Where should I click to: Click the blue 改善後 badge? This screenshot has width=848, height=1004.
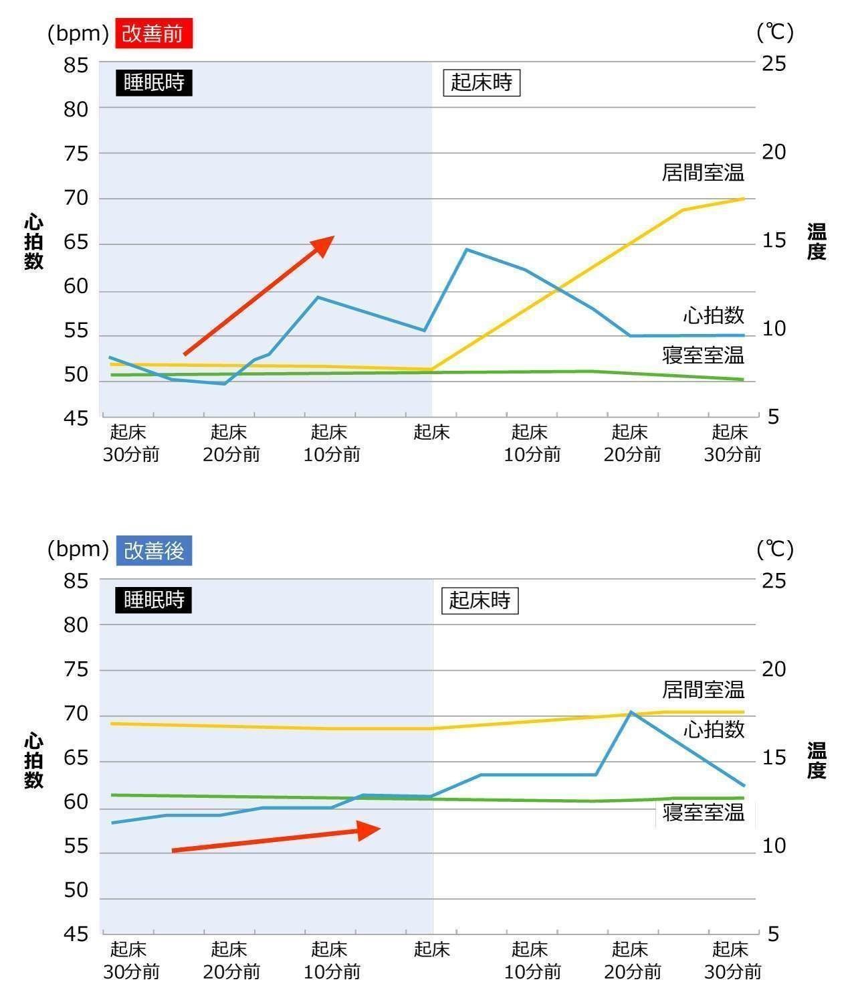click(154, 551)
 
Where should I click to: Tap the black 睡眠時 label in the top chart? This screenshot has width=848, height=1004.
click(154, 82)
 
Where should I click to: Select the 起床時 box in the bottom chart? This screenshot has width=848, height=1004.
click(480, 600)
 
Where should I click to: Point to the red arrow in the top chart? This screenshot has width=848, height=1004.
click(259, 295)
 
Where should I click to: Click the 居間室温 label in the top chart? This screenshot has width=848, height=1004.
click(703, 173)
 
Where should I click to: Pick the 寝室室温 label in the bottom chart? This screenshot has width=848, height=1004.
click(704, 813)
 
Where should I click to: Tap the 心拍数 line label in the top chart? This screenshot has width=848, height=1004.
click(714, 315)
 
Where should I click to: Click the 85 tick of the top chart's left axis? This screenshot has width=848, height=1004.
click(76, 65)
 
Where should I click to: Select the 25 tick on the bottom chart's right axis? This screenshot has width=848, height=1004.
click(774, 580)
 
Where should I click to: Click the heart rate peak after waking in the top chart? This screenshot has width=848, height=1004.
click(466, 250)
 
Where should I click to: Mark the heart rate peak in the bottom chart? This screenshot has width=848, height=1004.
click(630, 712)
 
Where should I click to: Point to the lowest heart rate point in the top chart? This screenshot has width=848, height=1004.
click(224, 384)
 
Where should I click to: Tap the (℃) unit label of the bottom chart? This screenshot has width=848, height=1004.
click(774, 550)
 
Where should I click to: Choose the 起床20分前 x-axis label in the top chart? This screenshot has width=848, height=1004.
click(231, 443)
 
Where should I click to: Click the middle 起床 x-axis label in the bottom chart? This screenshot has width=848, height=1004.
click(432, 949)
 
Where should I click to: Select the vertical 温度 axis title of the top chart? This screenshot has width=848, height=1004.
click(817, 242)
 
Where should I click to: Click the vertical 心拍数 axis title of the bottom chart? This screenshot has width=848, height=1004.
click(33, 760)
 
